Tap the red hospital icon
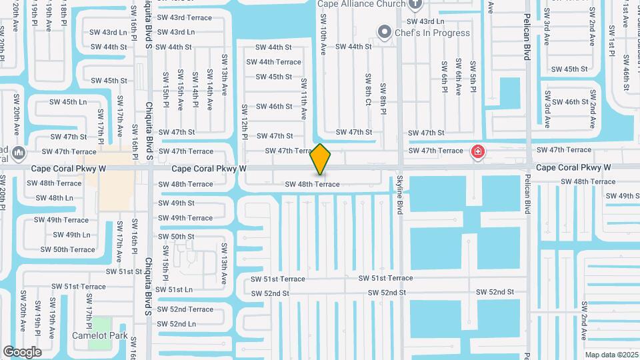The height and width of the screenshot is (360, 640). [477, 152]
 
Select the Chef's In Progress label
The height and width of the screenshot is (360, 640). [432, 33]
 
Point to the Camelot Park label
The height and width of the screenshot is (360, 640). [99, 335]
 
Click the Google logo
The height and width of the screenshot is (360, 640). [22, 351]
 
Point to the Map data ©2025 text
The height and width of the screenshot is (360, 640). [611, 355]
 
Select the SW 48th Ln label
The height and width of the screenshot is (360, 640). [54, 198]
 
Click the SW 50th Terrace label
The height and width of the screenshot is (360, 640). [67, 249]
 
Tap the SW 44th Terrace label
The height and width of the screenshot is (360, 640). [273, 62]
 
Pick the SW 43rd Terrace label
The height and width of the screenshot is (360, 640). [179, 17]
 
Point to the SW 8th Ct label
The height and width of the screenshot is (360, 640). [368, 89]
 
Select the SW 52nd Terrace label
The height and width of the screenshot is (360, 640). [185, 309]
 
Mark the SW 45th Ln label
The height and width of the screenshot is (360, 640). [69, 102]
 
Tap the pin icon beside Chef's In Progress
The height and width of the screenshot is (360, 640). [384, 32]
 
